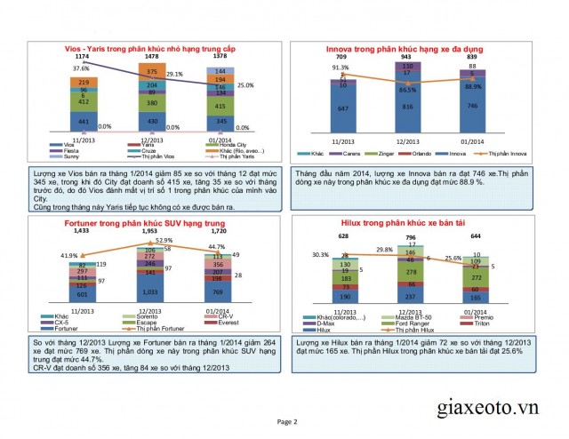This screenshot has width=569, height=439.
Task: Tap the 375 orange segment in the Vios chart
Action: (152, 72)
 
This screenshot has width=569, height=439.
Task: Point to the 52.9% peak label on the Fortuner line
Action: (163, 240)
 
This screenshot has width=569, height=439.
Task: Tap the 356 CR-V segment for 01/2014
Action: (218, 264)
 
